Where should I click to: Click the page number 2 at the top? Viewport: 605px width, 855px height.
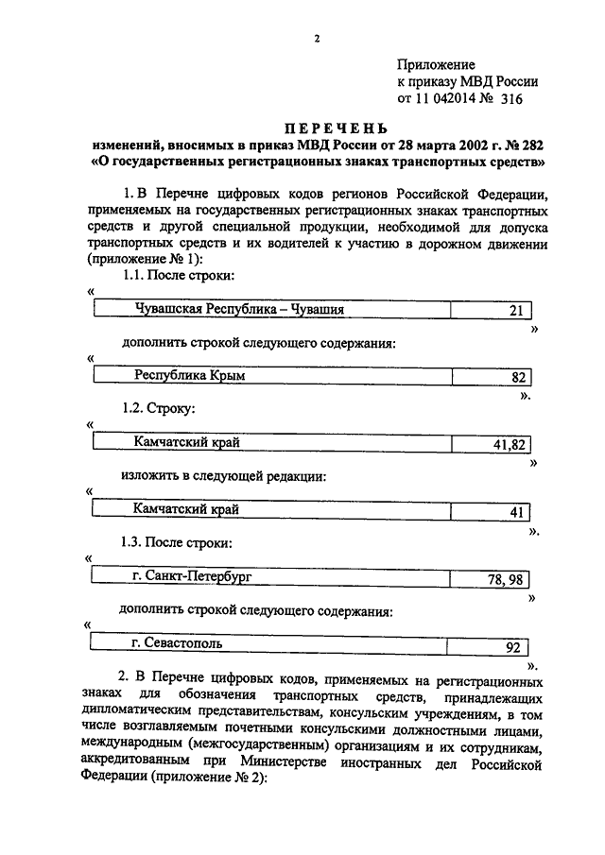[318, 38]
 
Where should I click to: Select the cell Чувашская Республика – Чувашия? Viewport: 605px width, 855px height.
[239, 309]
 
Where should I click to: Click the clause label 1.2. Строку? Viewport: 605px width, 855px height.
[158, 410]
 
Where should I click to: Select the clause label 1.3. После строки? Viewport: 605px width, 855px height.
[177, 543]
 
